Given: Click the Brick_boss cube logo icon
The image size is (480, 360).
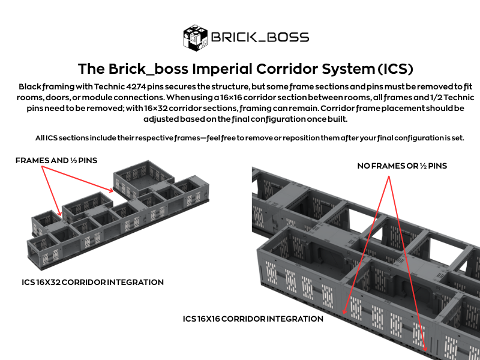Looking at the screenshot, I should [194, 37].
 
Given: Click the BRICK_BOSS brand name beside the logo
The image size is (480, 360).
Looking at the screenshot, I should [259, 37].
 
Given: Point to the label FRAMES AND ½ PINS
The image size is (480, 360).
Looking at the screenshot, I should [56, 160].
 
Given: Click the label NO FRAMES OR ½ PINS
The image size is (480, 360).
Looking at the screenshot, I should [402, 166].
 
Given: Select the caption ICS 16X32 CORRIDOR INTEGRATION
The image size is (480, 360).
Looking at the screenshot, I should [92, 282].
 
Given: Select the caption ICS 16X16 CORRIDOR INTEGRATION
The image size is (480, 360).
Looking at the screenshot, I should [253, 319].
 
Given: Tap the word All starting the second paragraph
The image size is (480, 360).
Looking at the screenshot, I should [41, 138].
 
